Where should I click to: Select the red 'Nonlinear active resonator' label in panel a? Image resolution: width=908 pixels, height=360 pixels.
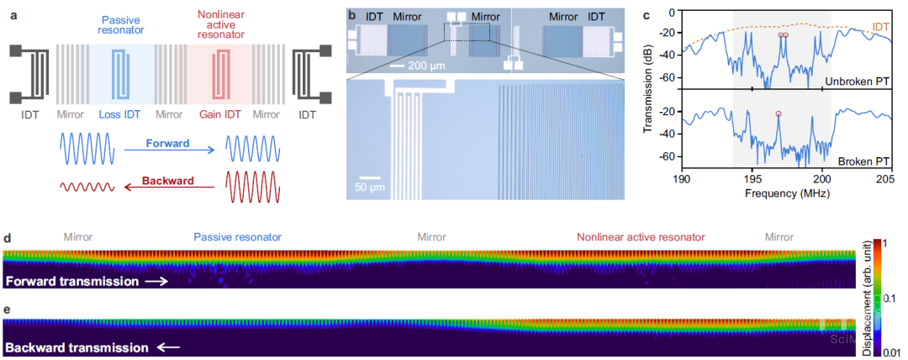pos(223,25)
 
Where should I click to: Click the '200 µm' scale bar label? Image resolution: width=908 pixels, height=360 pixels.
pos(424,65)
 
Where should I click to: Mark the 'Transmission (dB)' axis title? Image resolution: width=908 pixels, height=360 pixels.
pos(650,88)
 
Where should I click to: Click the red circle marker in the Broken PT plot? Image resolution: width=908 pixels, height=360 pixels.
pos(779,114)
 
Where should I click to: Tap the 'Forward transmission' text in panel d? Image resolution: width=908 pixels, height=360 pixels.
pos(71,281)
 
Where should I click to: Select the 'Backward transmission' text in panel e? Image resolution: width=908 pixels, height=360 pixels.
pos(77,347)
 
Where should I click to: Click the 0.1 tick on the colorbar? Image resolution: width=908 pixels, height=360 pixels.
pos(890,297)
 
